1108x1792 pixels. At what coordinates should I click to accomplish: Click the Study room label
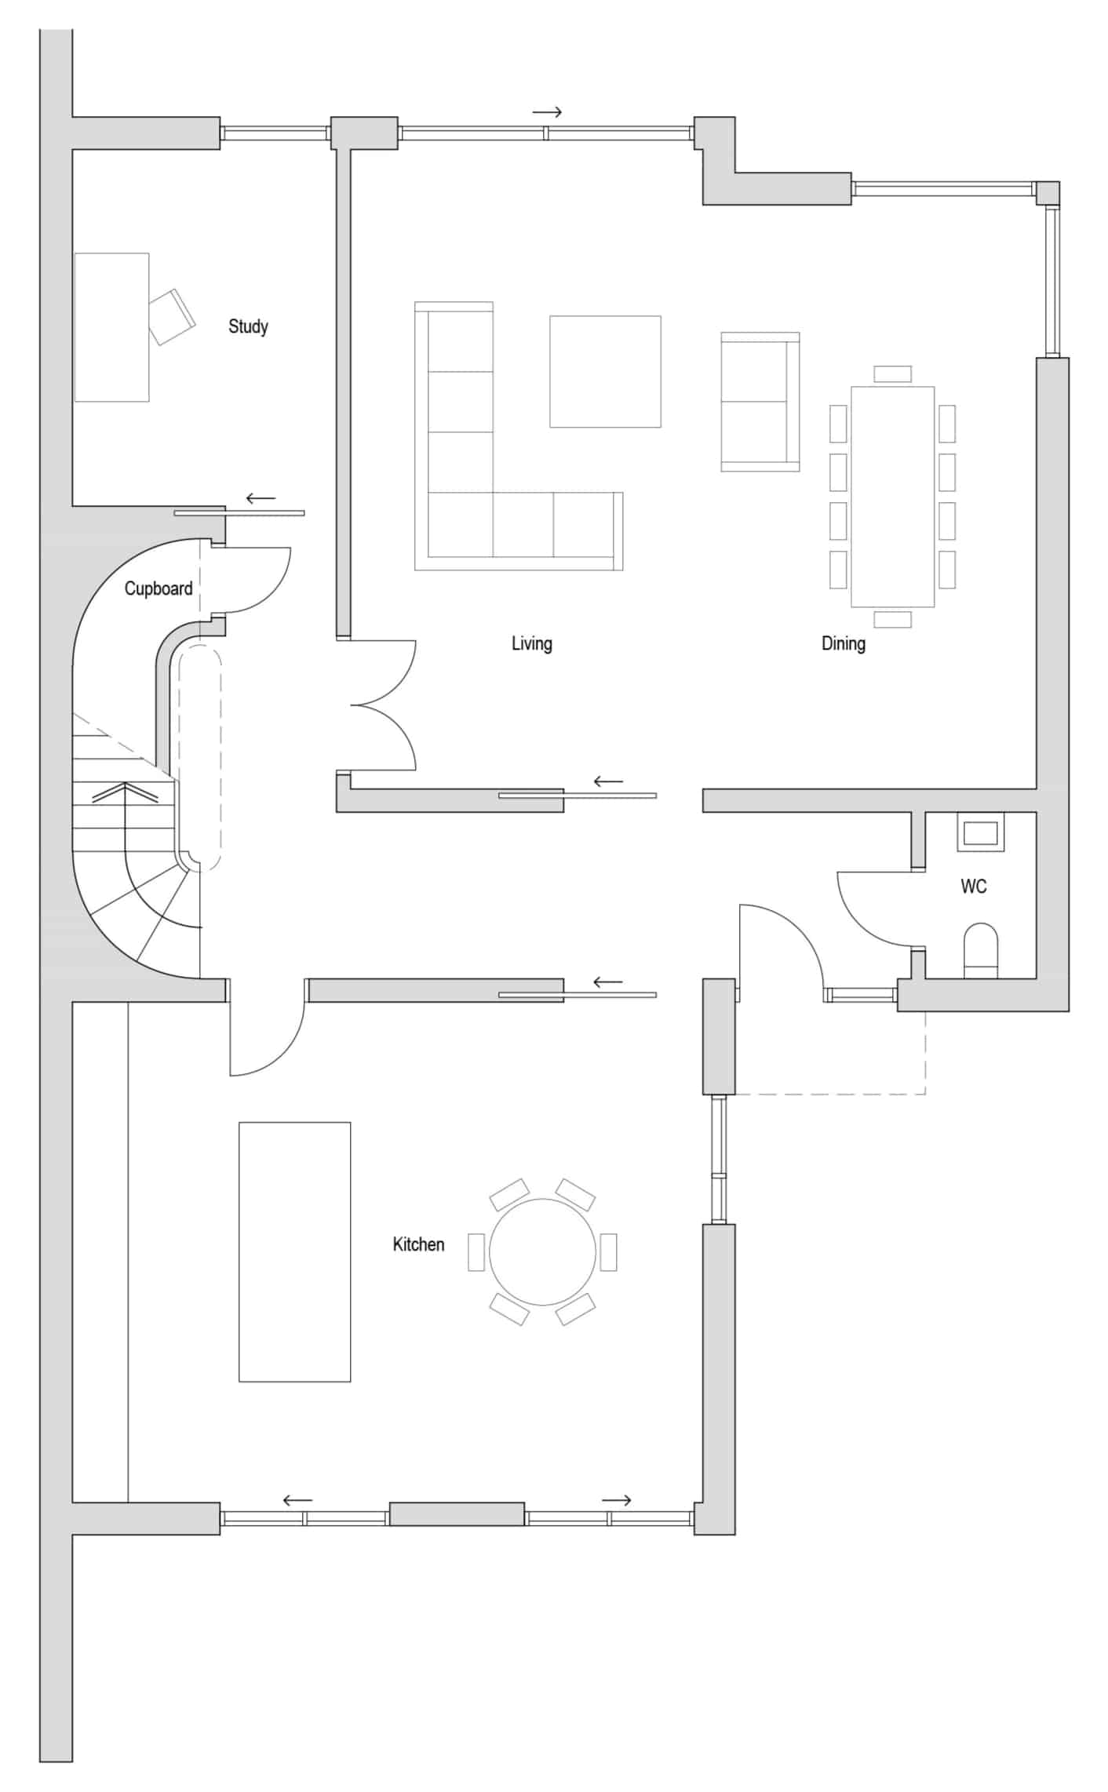pos(248,326)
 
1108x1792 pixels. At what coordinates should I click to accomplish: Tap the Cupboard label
pos(159,588)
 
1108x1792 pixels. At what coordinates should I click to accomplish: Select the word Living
pos(532,644)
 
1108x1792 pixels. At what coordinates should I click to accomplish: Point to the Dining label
pos(844,644)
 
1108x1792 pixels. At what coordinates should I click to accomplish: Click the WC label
pos(974,887)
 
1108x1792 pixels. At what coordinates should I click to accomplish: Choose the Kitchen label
pos(418,1244)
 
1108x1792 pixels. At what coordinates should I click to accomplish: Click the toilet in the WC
pos(981,951)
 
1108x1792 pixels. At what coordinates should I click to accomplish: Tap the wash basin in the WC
pos(980,832)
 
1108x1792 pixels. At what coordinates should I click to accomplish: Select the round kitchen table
pos(542,1252)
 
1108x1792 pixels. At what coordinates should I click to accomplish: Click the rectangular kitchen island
pos(295,1251)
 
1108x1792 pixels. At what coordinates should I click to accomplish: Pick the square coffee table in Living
pos(605,372)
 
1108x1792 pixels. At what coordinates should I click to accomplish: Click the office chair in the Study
pos(172,317)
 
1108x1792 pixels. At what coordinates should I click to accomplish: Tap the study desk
pos(112,327)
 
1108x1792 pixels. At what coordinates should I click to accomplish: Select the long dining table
pos(893,497)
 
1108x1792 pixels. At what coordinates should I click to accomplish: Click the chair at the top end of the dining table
pos(893,374)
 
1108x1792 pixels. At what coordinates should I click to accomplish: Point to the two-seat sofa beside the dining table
pos(760,402)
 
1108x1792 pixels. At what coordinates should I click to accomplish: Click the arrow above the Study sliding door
pos(261,498)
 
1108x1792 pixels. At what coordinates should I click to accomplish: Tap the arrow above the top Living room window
pos(547,112)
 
